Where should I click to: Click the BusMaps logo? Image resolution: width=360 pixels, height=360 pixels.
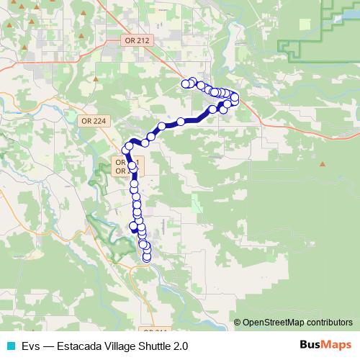[325, 345]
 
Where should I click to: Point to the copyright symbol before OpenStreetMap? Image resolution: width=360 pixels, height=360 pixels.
[238, 323]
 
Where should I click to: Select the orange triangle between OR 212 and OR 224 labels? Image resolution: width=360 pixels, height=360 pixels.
[96, 76]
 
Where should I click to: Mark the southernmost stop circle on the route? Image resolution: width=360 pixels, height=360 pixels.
[147, 257]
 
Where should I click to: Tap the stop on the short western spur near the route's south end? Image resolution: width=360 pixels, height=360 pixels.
[133, 227]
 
